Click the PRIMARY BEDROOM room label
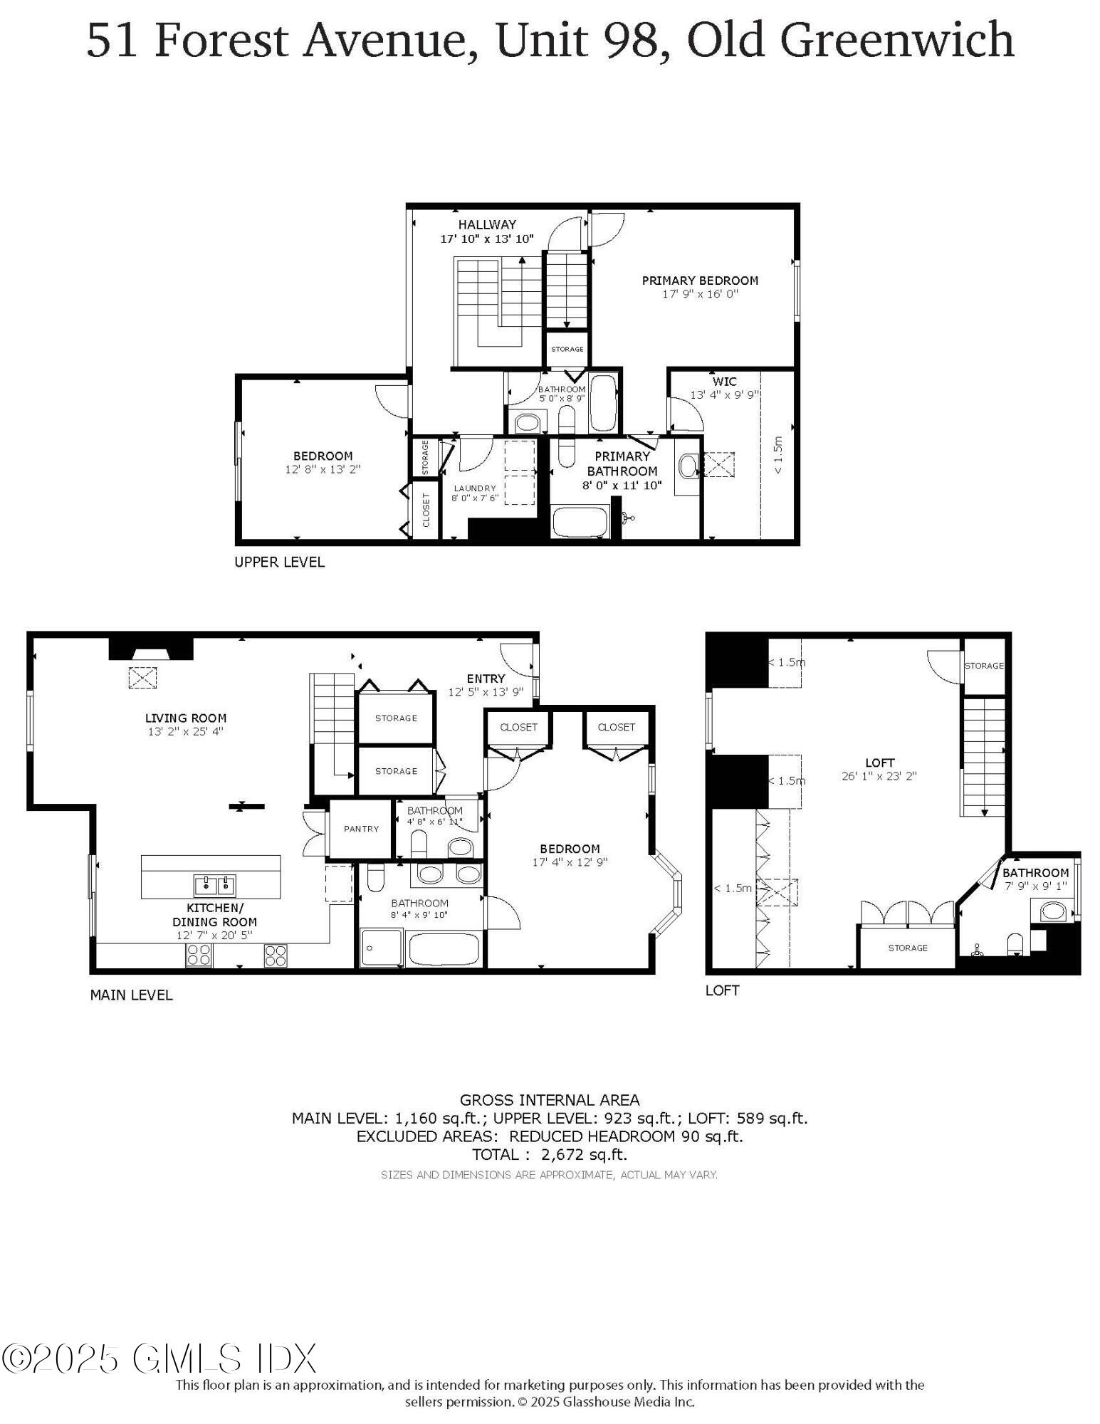tap(699, 281)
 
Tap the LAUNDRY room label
tap(474, 488)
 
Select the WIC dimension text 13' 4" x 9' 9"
tap(724, 394)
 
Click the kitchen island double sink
tap(214, 885)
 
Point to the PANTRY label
tap(361, 829)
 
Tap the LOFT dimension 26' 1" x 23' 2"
tap(879, 776)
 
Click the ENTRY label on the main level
tap(486, 679)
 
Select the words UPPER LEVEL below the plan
tap(279, 562)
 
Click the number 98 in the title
tap(630, 40)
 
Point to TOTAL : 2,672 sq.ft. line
tap(549, 1154)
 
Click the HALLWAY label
tap(487, 225)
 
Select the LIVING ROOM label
tap(185, 718)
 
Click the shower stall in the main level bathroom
tap(381, 947)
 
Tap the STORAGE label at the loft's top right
tap(983, 666)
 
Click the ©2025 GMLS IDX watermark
tap(158, 1358)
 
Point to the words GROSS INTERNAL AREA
tap(549, 1100)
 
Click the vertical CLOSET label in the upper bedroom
tap(426, 510)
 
